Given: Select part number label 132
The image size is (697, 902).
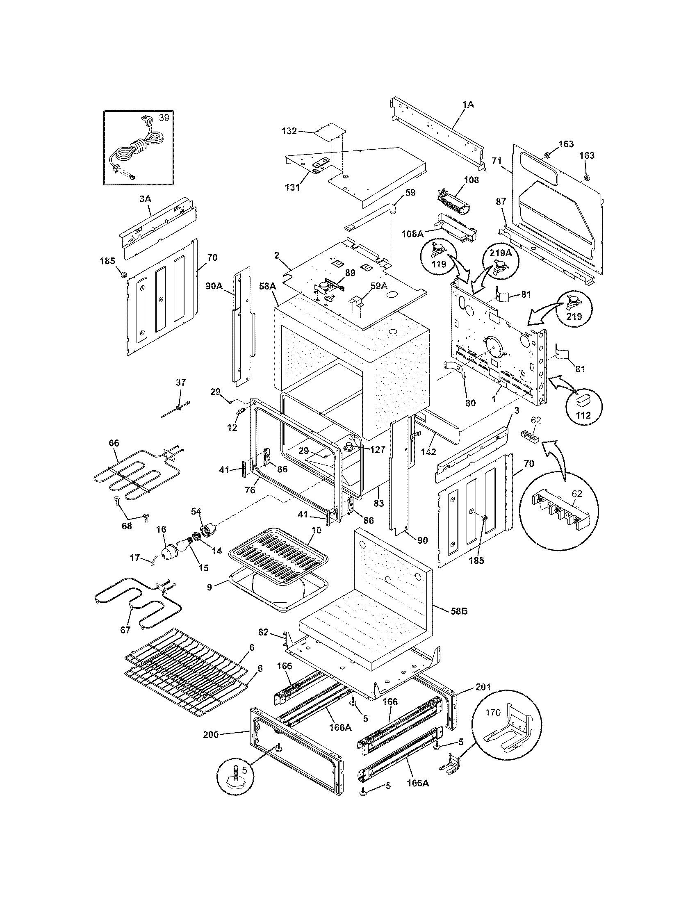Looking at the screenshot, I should pyautogui.click(x=289, y=131).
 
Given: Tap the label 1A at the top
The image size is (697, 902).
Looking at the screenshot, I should pyautogui.click(x=468, y=105).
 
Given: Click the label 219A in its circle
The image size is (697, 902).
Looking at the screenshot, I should pyautogui.click(x=501, y=253).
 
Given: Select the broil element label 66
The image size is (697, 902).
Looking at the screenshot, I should pyautogui.click(x=114, y=443).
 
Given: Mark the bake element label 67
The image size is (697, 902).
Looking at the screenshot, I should pyautogui.click(x=125, y=642).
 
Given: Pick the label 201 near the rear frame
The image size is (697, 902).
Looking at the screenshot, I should pyautogui.click(x=483, y=687).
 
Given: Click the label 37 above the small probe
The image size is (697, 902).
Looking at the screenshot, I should pyautogui.click(x=181, y=383).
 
